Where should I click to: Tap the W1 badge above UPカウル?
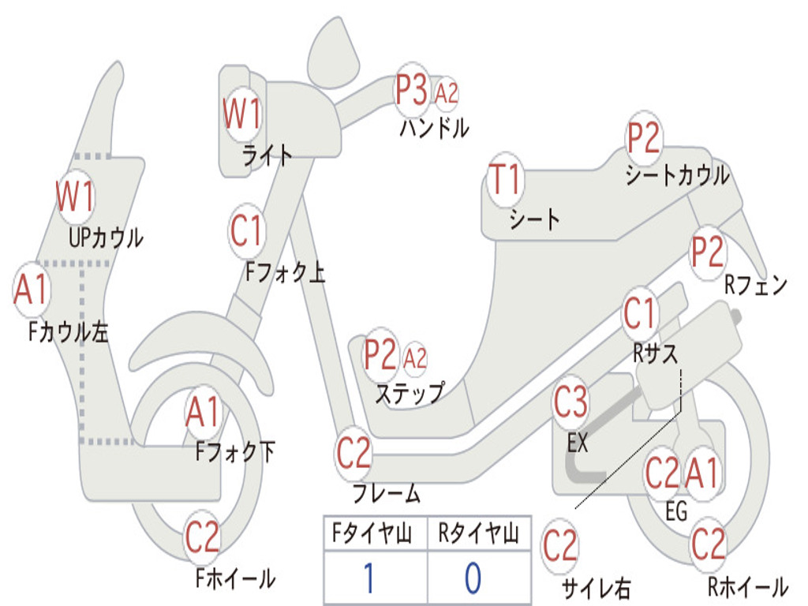pos(75,196)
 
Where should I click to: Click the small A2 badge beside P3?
pos(446,93)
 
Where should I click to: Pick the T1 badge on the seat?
pos(505,181)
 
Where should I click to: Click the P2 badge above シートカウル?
pos(643,140)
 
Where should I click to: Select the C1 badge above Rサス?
pos(640,315)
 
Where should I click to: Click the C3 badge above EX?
pos(570,403)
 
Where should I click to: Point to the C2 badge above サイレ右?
pos(560,546)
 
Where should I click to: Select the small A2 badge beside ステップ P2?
pos(414,358)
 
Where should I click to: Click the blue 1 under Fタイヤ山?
pos(368,578)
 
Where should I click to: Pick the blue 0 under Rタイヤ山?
pos(472,578)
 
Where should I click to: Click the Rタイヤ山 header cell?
pos(478,536)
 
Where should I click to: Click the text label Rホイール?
pos(746,587)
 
